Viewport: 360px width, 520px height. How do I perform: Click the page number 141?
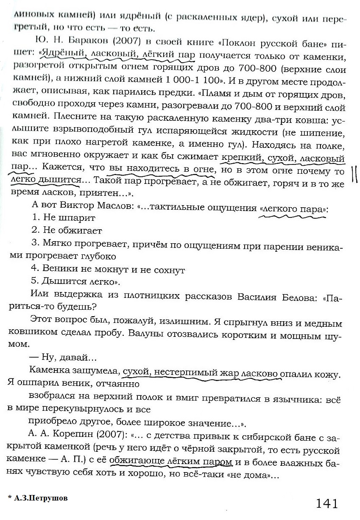(327, 503)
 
